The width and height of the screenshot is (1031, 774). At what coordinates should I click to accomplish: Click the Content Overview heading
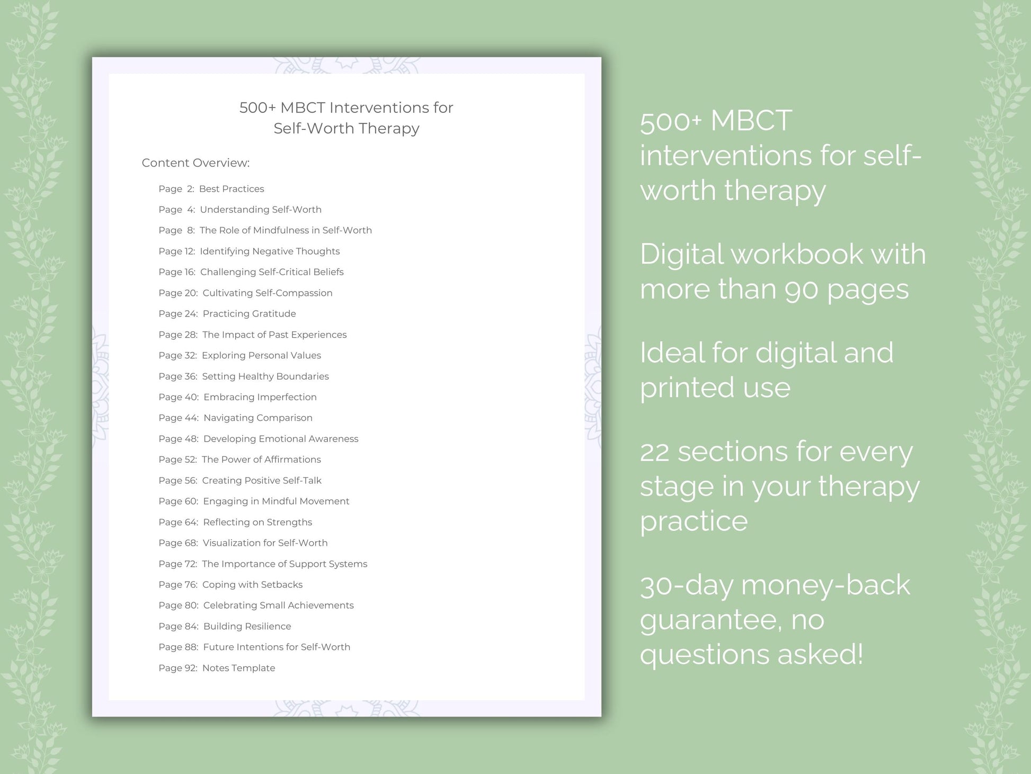point(195,163)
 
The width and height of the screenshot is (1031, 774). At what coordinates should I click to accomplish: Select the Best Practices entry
point(232,189)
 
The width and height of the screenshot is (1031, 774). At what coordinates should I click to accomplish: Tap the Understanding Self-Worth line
point(261,209)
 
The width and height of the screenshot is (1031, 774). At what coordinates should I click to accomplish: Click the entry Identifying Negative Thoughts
point(270,251)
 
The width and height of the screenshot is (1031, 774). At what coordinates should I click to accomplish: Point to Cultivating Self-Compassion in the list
point(268,293)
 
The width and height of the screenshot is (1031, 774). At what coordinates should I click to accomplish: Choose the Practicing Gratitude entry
point(249,313)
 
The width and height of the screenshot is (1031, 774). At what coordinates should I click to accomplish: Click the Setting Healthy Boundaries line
point(265,376)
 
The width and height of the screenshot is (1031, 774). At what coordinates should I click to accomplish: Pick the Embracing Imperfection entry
point(260,397)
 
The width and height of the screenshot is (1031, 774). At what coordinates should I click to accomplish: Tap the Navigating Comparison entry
point(258,418)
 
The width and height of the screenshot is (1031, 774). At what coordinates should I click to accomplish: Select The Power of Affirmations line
point(261,459)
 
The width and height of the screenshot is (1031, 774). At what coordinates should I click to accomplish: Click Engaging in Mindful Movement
point(276,501)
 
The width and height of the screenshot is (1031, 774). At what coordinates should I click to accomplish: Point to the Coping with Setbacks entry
point(252,584)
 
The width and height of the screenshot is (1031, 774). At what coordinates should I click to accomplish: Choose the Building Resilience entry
point(247,626)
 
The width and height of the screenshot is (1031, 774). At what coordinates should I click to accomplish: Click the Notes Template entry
point(238,668)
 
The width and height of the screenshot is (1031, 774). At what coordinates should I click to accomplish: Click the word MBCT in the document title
point(303,108)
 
